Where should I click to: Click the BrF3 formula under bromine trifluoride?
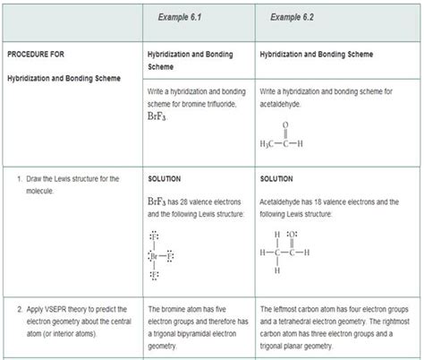[158, 117]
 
